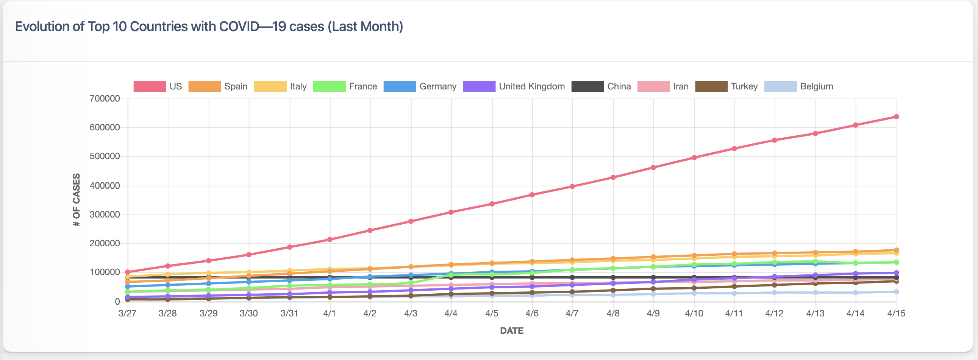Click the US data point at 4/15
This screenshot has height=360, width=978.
(896, 117)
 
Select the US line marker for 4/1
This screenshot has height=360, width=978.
(330, 239)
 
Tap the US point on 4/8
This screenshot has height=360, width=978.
(613, 177)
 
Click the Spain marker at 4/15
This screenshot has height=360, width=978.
(896, 250)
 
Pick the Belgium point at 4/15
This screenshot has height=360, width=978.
(896, 292)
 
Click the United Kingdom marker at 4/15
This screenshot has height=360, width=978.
(896, 273)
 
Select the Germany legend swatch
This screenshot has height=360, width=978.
(399, 86)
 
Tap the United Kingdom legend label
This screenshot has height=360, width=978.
(531, 86)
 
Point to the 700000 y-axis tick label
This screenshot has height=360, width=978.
(105, 99)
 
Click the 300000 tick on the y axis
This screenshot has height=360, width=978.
(105, 214)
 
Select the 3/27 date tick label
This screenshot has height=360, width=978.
(127, 313)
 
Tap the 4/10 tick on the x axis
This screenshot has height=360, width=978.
(694, 313)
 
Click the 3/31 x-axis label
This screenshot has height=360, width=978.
(289, 313)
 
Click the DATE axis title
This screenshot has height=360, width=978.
(511, 331)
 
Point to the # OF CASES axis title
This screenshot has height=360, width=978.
(77, 200)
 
